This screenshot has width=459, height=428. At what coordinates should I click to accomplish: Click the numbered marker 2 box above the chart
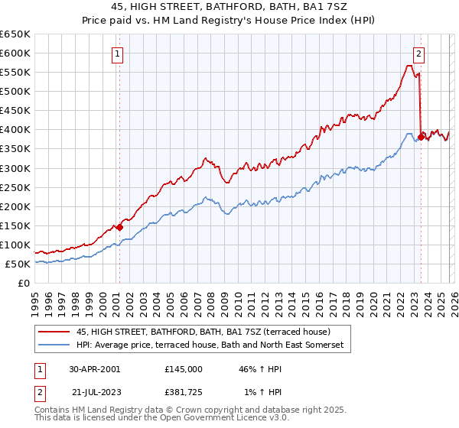point(420,53)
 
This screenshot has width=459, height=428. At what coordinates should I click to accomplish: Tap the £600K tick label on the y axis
point(15,53)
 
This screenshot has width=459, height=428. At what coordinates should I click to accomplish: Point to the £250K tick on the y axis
point(15,187)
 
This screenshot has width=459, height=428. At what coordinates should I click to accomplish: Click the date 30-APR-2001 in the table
point(94,368)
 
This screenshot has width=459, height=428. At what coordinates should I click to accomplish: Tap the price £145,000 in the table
point(184,368)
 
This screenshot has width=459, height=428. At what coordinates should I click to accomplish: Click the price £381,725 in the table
point(184,394)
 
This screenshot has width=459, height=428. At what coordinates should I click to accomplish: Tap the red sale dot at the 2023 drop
point(421,137)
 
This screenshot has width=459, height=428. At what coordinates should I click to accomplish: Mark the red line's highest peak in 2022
point(409,66)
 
